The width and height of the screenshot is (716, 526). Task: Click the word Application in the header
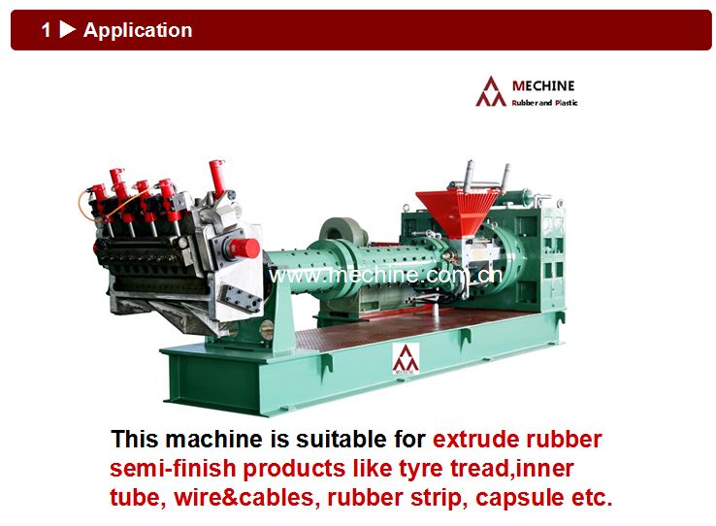[x=138, y=30]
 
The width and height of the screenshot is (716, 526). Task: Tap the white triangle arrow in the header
[x=68, y=30]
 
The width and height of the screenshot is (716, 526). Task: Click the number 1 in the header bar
[x=47, y=31]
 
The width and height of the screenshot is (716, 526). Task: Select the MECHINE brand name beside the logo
[x=543, y=85]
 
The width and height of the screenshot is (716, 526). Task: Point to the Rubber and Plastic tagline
[x=544, y=103]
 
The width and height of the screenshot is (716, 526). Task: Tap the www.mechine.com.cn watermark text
[x=386, y=276]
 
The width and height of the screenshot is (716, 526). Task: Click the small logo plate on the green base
[x=406, y=359]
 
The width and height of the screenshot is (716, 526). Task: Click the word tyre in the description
[x=421, y=469]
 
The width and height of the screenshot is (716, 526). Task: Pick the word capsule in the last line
[x=519, y=498]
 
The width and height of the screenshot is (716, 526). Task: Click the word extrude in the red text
[x=474, y=440]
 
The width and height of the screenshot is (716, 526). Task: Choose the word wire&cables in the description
[x=244, y=498]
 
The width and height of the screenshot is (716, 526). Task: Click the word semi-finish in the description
[x=173, y=469]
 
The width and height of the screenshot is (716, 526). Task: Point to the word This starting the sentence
[x=135, y=440]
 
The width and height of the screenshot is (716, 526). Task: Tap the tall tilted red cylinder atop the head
[x=217, y=177]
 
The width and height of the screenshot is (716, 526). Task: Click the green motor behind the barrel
[x=343, y=231]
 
